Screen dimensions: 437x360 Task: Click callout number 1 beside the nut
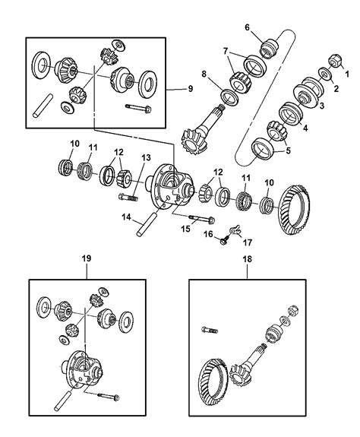pyautogui.click(x=349, y=73)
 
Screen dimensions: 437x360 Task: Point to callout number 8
pyautogui.click(x=204, y=74)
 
